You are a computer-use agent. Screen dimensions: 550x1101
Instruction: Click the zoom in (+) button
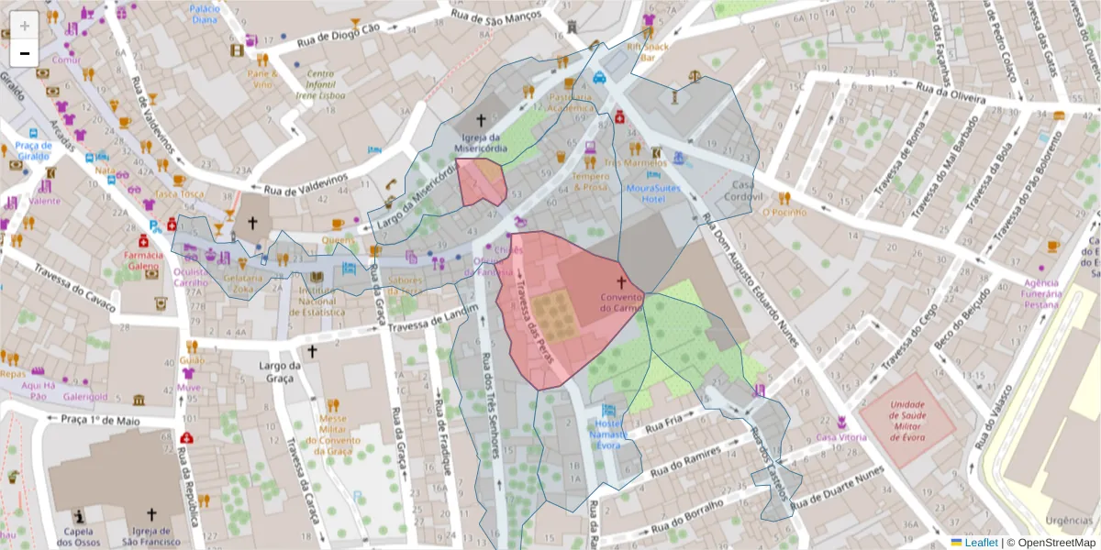[x=25, y=25]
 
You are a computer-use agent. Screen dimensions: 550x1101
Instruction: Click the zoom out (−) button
[x=25, y=53]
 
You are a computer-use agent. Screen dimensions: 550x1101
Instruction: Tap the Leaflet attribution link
[x=981, y=543]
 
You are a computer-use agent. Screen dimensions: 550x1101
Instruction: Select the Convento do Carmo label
[x=620, y=302]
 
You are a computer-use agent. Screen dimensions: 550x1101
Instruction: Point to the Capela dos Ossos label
[x=78, y=536]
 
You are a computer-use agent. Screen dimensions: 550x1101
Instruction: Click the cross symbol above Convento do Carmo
[x=620, y=283]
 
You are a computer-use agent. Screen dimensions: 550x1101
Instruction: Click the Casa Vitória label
[x=841, y=437]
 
